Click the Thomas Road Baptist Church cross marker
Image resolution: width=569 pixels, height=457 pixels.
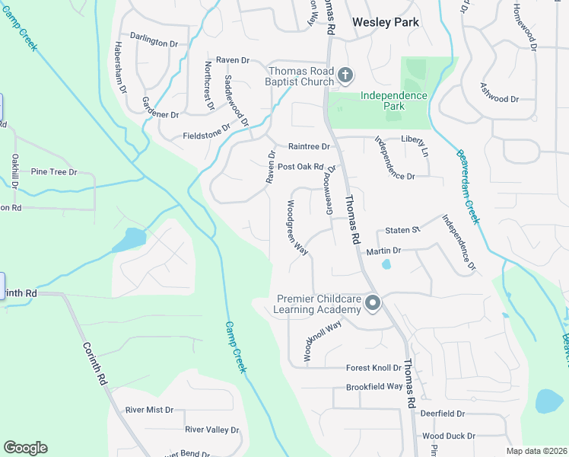tap(345, 74)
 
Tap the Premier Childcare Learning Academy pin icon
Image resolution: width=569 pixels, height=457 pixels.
tap(373, 304)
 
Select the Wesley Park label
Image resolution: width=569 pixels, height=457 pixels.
tap(386, 22)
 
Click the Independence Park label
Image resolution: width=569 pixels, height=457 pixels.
tap(393, 101)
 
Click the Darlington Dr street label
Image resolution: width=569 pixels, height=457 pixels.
tap(159, 41)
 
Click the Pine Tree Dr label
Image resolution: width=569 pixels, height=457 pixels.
tap(54, 172)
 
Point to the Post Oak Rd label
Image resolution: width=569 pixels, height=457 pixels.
tap(300, 167)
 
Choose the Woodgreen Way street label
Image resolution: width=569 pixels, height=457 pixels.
tap(296, 226)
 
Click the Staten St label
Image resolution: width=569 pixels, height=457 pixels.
tap(402, 229)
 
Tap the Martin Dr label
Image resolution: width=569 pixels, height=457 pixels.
tap(383, 251)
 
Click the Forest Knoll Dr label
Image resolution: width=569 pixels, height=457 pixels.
tap(374, 367)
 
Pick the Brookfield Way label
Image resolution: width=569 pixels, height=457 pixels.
tap(374, 386)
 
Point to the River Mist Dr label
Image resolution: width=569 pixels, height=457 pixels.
tap(149, 410)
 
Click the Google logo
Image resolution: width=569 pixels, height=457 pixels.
tap(25, 448)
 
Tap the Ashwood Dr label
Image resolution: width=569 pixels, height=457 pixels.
tap(499, 98)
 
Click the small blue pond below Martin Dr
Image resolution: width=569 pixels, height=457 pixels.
tap(386, 264)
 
